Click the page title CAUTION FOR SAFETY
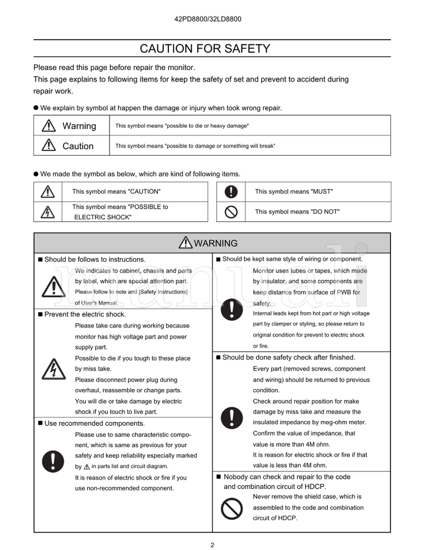click(x=205, y=49)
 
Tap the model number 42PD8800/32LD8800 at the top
click(x=208, y=19)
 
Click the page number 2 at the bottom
click(x=212, y=545)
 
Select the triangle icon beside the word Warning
click(x=49, y=126)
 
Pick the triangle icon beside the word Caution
click(x=49, y=145)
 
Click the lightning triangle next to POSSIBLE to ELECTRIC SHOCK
click(x=48, y=212)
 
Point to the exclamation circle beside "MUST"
click(x=231, y=192)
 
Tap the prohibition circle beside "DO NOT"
click(x=231, y=211)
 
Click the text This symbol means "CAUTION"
click(x=116, y=192)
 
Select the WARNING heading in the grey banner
click(x=209, y=243)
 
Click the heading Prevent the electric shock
click(x=85, y=314)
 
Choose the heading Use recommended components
click(x=94, y=423)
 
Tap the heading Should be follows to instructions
click(x=95, y=260)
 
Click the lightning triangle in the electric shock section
click(x=54, y=369)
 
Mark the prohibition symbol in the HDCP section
click(x=232, y=508)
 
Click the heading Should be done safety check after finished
click(x=288, y=357)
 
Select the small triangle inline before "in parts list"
click(x=87, y=467)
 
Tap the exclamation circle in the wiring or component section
click(x=232, y=308)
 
